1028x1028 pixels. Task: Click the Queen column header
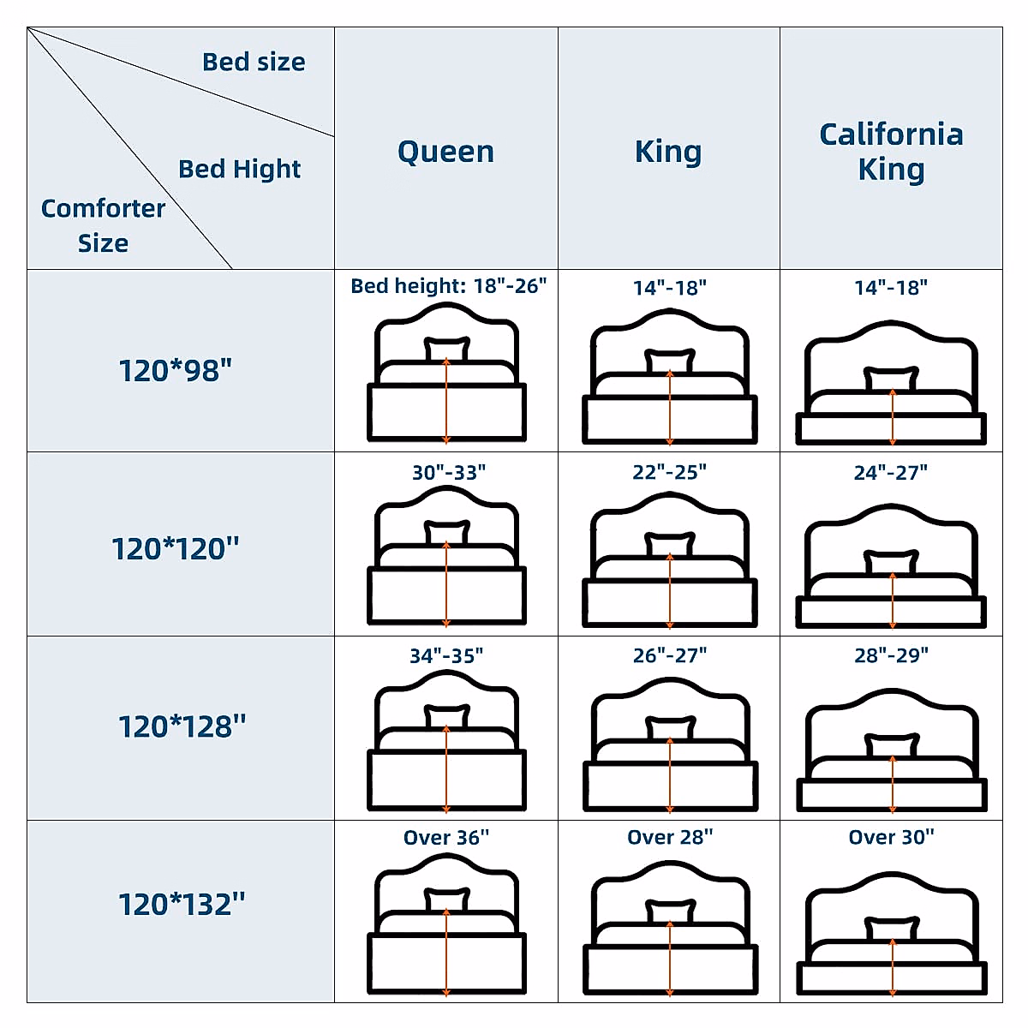tap(445, 152)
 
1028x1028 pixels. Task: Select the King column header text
tap(668, 152)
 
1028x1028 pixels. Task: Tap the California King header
tap(891, 151)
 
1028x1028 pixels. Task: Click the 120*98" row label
tap(176, 371)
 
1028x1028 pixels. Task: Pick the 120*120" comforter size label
tap(176, 548)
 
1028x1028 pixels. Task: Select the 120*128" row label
tap(182, 726)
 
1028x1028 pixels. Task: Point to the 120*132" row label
tap(182, 904)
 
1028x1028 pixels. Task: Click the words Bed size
tap(254, 62)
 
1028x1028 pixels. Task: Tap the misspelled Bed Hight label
tap(239, 169)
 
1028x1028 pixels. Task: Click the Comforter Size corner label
tap(103, 225)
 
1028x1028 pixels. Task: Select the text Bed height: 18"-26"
tap(448, 285)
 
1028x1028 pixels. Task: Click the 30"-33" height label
tap(449, 472)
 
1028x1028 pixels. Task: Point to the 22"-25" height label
tap(670, 472)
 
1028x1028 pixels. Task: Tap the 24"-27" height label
tap(891, 472)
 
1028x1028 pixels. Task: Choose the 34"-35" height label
tap(446, 655)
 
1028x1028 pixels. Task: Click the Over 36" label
tap(446, 837)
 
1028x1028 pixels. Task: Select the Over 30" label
tap(891, 837)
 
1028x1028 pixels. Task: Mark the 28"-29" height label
tap(891, 655)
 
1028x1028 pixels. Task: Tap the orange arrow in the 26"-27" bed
tap(670, 775)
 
